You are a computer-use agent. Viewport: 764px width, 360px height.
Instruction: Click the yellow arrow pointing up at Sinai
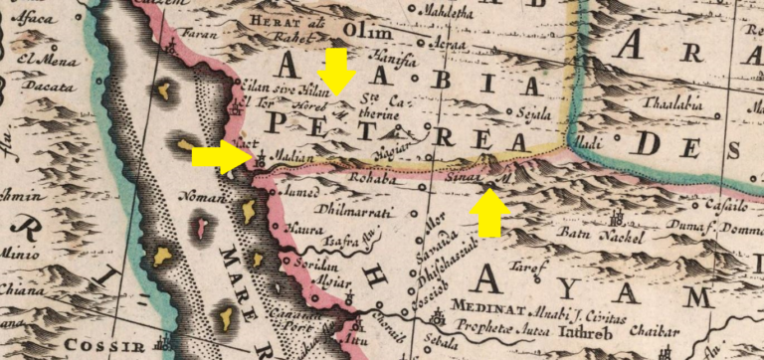click(489, 212)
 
